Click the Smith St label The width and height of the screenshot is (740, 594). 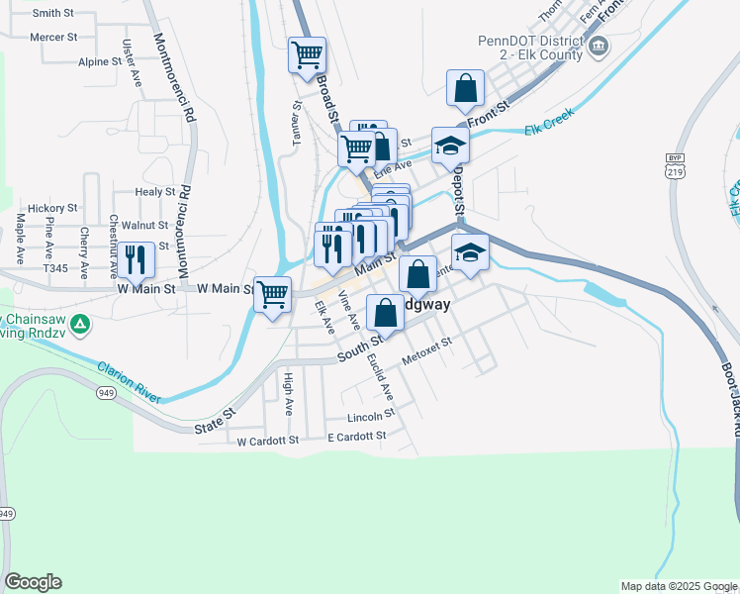pos(53,14)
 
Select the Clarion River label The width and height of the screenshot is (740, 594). pos(129,382)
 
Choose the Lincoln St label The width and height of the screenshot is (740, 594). pos(371,416)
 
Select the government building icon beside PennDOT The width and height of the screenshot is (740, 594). pos(598,46)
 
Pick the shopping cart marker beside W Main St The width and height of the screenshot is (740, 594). pos(272,294)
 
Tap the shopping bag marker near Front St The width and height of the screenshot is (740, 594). pos(465,89)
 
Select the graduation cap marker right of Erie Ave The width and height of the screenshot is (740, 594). pos(450,146)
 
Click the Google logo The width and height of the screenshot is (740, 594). pos(33,582)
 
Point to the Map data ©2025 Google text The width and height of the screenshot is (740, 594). pos(679,586)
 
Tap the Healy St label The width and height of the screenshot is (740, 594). pos(155,192)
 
